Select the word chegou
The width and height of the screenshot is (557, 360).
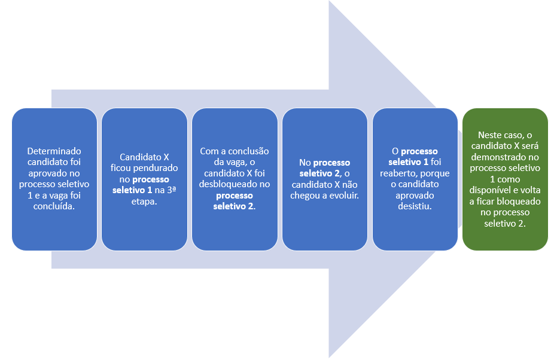[x=308, y=195]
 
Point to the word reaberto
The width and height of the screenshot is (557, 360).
[x=404, y=173]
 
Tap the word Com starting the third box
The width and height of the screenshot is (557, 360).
[x=208, y=151]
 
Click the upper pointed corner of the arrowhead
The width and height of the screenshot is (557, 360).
[x=330, y=2]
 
